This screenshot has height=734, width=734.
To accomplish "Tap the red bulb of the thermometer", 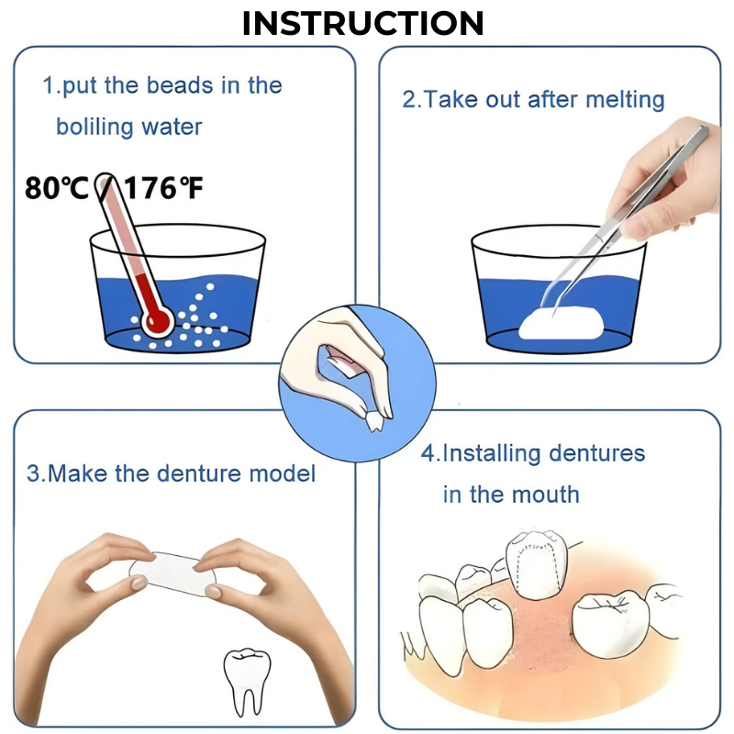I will (x=157, y=320).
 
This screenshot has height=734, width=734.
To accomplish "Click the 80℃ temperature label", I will (x=56, y=189).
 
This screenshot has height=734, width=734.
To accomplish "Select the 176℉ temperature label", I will (x=164, y=189).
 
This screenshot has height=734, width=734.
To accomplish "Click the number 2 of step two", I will (x=408, y=99).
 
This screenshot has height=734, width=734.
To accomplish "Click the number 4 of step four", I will (x=428, y=453).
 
